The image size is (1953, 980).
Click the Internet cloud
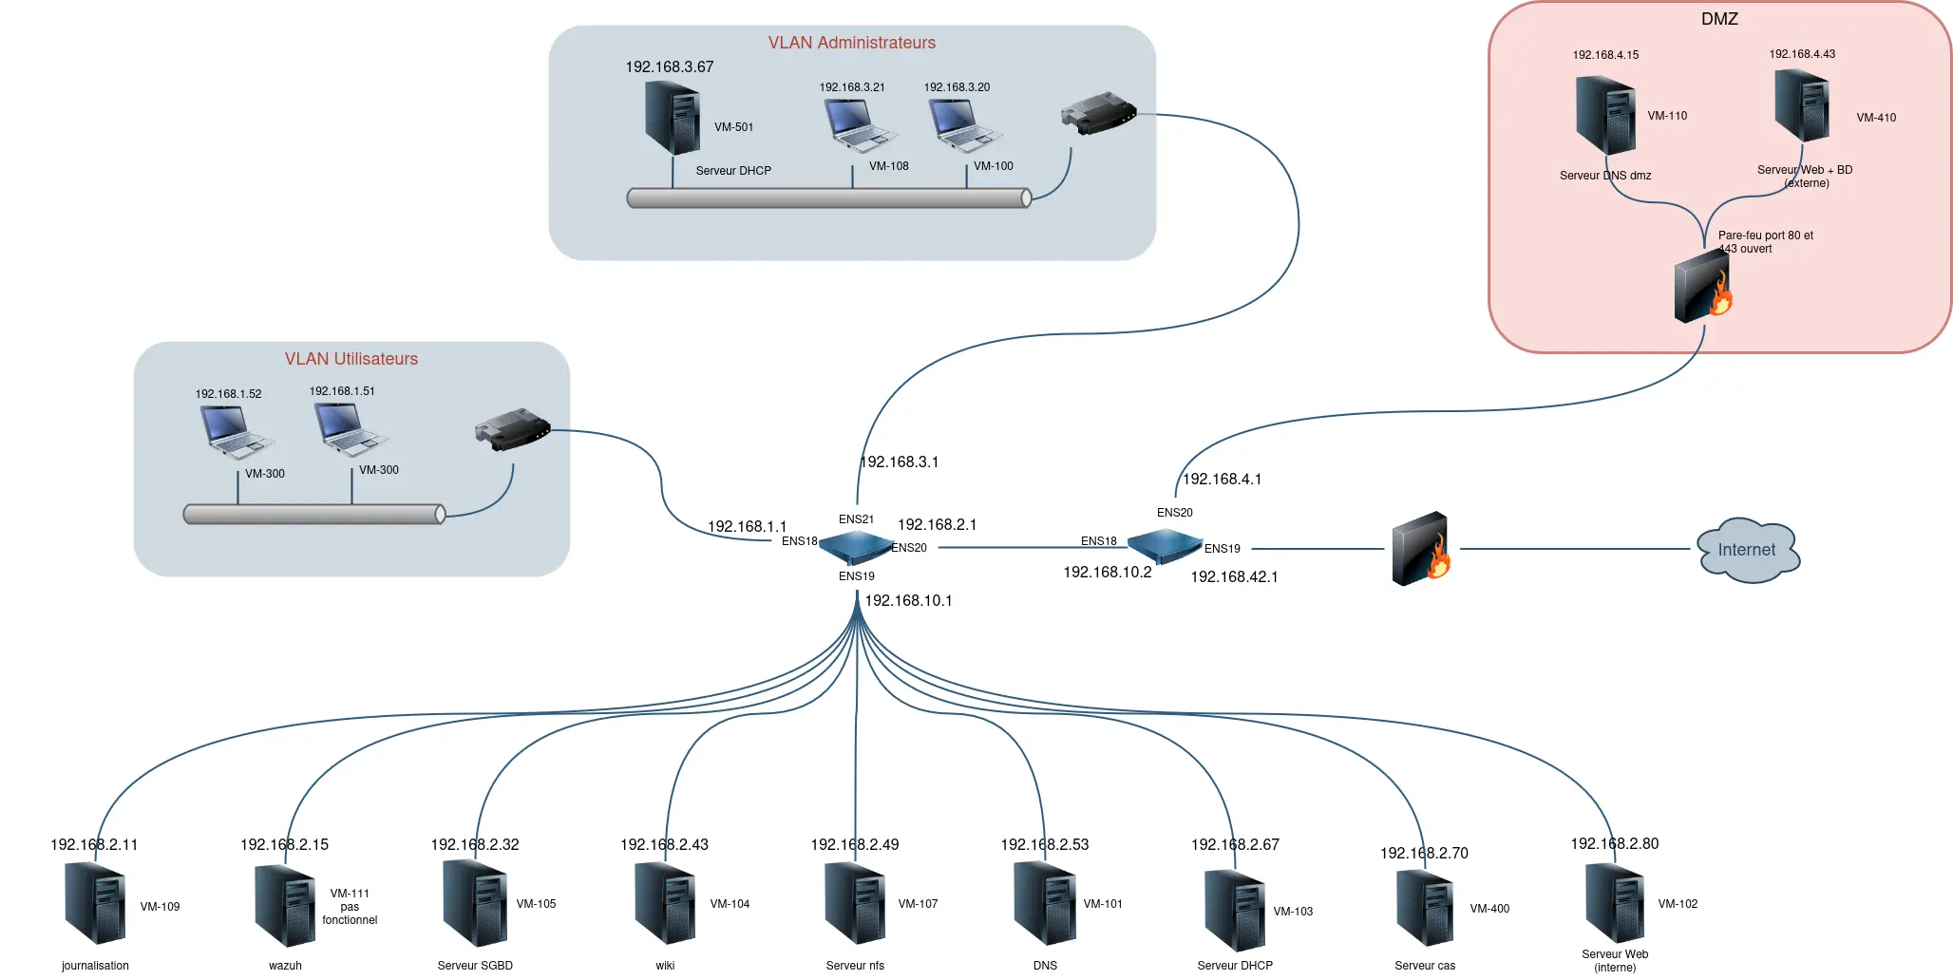pos(1748,550)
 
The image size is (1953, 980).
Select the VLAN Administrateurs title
pos(851,43)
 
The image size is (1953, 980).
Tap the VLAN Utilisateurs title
pos(351,359)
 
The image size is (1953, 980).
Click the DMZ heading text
pos(1719,19)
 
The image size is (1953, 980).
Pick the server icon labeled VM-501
pos(673,118)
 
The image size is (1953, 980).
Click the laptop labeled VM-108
pos(859,125)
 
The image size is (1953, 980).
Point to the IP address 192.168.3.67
pos(669,67)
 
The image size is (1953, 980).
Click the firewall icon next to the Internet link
pos(1421,549)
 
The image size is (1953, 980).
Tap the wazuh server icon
pos(285,905)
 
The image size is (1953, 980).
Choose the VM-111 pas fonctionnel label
pos(350,907)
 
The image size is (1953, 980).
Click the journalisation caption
pos(95,966)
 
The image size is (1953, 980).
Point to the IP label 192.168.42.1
pos(1234,577)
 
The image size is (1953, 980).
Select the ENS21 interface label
pos(856,519)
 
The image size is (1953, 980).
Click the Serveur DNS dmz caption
pos(1605,176)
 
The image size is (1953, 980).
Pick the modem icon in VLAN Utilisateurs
pos(512,429)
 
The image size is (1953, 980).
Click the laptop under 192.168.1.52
pos(234,432)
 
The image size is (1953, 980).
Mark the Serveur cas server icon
pos(1426,908)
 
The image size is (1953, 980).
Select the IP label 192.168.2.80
pos(1614,844)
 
